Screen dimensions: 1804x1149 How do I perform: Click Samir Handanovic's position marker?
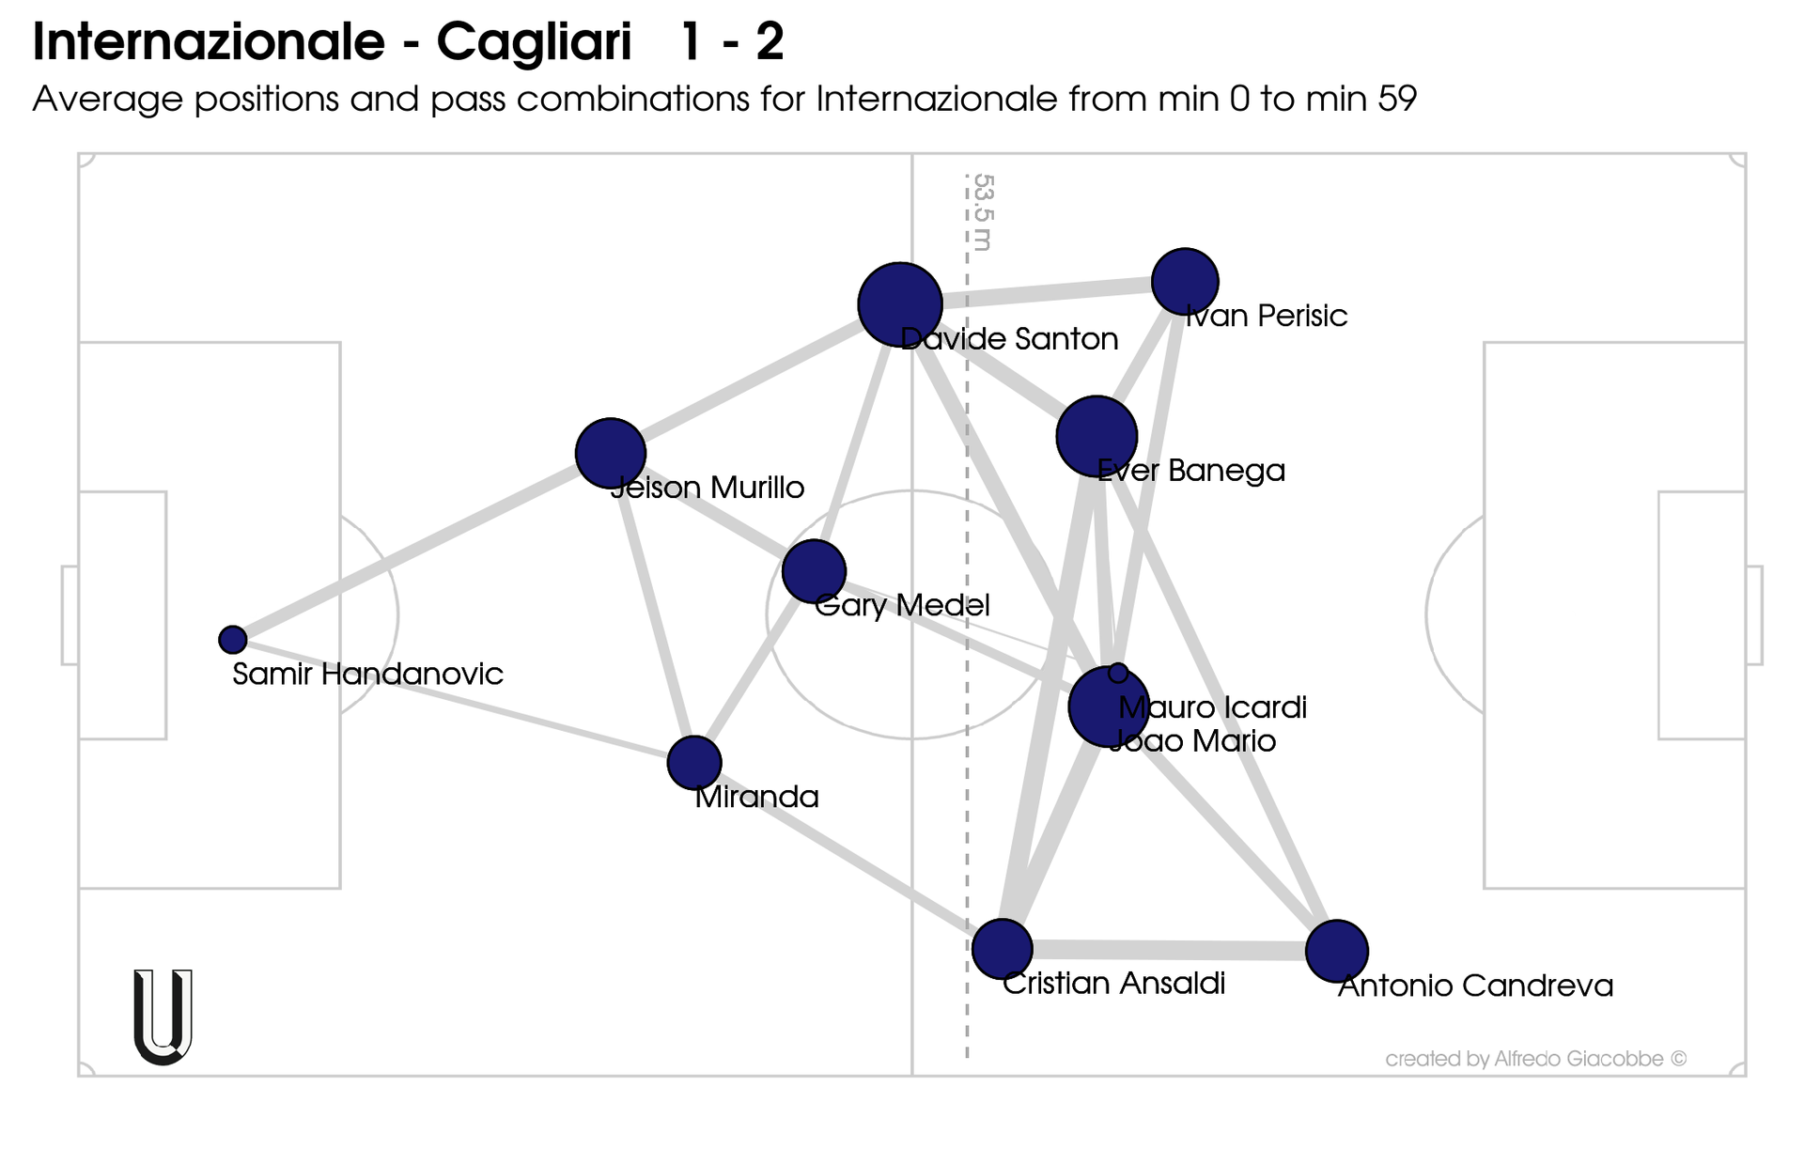(233, 640)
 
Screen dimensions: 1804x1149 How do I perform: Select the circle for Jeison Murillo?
(611, 453)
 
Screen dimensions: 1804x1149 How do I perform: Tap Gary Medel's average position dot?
(814, 571)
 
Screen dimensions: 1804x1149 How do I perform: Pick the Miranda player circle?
(694, 762)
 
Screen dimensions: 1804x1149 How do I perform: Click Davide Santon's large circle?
(900, 304)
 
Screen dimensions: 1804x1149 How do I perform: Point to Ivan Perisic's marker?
(1185, 281)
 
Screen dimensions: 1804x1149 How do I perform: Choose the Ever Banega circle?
(1096, 436)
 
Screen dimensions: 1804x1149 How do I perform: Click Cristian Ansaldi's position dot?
(1003, 949)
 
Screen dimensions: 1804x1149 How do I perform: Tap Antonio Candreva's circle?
(1336, 951)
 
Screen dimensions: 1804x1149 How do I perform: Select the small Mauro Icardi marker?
(1118, 673)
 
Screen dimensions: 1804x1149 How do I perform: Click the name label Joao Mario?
(1192, 741)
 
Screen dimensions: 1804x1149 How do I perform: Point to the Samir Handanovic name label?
(367, 675)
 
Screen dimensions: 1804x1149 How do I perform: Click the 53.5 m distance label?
(983, 212)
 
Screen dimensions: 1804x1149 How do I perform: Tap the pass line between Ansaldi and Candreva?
(1170, 950)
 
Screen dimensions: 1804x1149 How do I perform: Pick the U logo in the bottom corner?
(163, 1017)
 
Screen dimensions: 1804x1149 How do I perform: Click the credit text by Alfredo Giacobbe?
(1535, 1059)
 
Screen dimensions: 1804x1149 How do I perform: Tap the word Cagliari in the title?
(534, 43)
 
